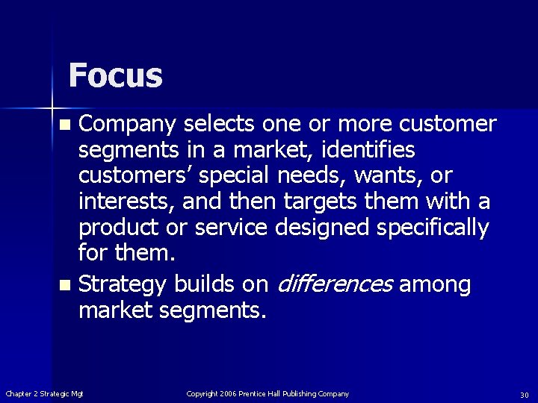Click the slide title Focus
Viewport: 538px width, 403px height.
pyautogui.click(x=115, y=75)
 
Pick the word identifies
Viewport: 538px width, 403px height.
pyautogui.click(x=368, y=150)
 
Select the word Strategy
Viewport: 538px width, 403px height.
pyautogui.click(x=123, y=284)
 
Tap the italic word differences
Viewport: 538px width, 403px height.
pyautogui.click(x=335, y=284)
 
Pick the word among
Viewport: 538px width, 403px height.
pyautogui.click(x=435, y=284)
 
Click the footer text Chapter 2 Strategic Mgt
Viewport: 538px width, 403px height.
pyautogui.click(x=45, y=394)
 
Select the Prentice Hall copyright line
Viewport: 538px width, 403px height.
pyautogui.click(x=268, y=394)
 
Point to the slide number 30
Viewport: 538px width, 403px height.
pyautogui.click(x=525, y=395)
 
